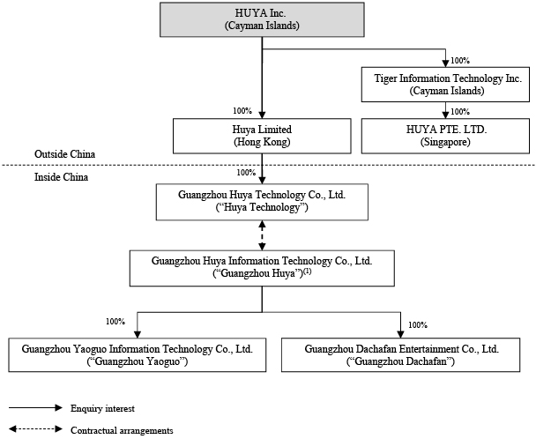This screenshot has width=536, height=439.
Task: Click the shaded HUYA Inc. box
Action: pyautogui.click(x=262, y=19)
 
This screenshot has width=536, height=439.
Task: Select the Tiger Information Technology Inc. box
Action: pyautogui.click(x=445, y=85)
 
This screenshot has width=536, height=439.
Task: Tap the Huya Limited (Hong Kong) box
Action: pyautogui.click(x=262, y=136)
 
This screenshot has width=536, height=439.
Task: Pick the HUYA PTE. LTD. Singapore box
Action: pyautogui.click(x=445, y=136)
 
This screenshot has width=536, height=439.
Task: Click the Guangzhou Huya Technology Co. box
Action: pyautogui.click(x=262, y=202)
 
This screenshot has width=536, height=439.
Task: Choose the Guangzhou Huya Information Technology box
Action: pyautogui.click(x=262, y=268)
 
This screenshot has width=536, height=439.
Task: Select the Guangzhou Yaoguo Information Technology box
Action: pyautogui.click(x=138, y=355)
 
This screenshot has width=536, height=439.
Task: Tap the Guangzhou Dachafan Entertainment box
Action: pyautogui.click(x=400, y=355)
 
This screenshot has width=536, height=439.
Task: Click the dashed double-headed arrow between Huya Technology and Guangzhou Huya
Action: pyautogui.click(x=262, y=235)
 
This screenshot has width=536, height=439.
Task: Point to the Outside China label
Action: pyautogui.click(x=64, y=154)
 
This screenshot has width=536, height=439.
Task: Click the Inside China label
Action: pyautogui.click(x=61, y=177)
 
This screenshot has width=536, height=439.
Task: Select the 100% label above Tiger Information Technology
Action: pyautogui.click(x=460, y=61)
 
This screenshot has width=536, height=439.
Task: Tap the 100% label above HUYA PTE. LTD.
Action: pyautogui.click(x=460, y=112)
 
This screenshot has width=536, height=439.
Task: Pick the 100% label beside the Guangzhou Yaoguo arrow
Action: pyautogui.click(x=115, y=322)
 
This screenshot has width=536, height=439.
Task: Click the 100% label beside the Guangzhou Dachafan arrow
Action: pyautogui.click(x=418, y=325)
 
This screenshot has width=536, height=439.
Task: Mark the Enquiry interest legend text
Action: pyautogui.click(x=102, y=408)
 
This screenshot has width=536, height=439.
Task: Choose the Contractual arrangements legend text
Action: pyautogui.click(x=122, y=430)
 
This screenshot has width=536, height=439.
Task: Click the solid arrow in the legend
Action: pyautogui.click(x=35, y=407)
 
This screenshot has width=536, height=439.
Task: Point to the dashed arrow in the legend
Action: pyautogui.click(x=35, y=428)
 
